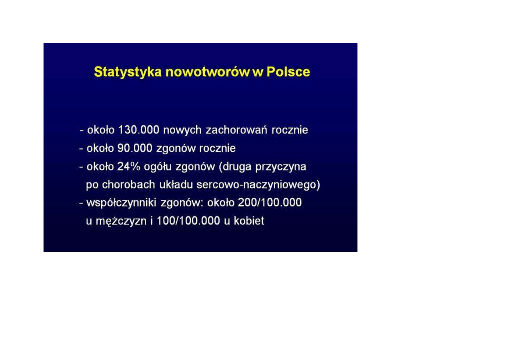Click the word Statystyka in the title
tap(128, 72)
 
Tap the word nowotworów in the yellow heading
tap(208, 72)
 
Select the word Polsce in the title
tap(288, 72)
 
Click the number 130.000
tap(139, 130)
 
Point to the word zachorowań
tap(237, 130)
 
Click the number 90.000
tap(135, 148)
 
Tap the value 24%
tap(129, 166)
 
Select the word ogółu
tap(158, 167)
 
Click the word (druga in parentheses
tap(235, 167)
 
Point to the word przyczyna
tap(281, 167)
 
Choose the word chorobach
tap(129, 185)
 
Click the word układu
tap(176, 185)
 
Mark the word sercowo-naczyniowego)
tap(258, 185)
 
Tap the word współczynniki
tap(121, 203)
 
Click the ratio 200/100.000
tap(270, 202)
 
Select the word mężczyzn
tap(121, 221)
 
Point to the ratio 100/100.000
tap(188, 221)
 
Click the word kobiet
tap(249, 221)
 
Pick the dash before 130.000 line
tap(82, 131)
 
